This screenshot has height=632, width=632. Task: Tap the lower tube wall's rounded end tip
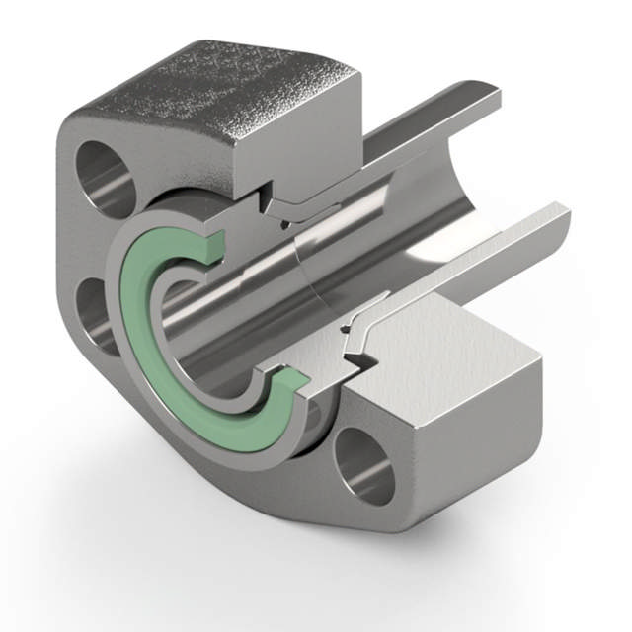pos(560,212)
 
